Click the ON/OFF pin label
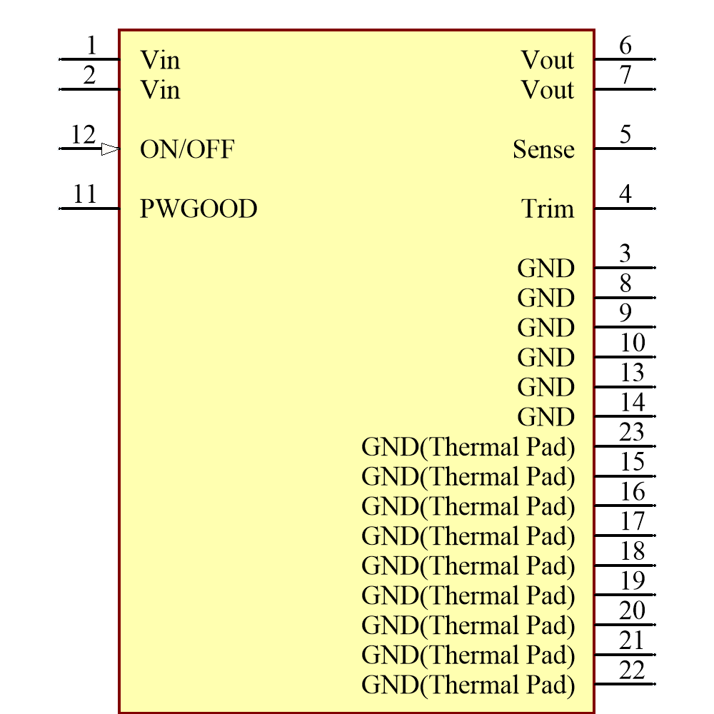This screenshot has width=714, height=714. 187,149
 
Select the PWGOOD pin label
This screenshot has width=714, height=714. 198,209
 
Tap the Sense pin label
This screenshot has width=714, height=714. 543,149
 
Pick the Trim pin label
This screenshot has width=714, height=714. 548,209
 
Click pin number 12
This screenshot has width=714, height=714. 83,134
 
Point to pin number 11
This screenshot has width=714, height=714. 84,193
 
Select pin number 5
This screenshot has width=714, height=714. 625,134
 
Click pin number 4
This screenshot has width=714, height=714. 625,193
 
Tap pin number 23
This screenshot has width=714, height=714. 632,432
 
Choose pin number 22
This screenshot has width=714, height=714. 632,670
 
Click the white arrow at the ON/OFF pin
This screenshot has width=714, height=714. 110,149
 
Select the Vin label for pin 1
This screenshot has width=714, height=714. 160,60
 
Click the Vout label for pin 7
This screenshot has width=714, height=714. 548,90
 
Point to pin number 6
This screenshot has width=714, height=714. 625,45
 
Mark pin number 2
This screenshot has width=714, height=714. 89,75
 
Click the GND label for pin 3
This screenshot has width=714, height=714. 546,268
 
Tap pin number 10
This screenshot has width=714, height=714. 632,343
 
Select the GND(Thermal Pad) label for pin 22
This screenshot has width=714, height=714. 468,685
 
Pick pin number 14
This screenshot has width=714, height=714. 632,402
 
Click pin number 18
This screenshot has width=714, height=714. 632,551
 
